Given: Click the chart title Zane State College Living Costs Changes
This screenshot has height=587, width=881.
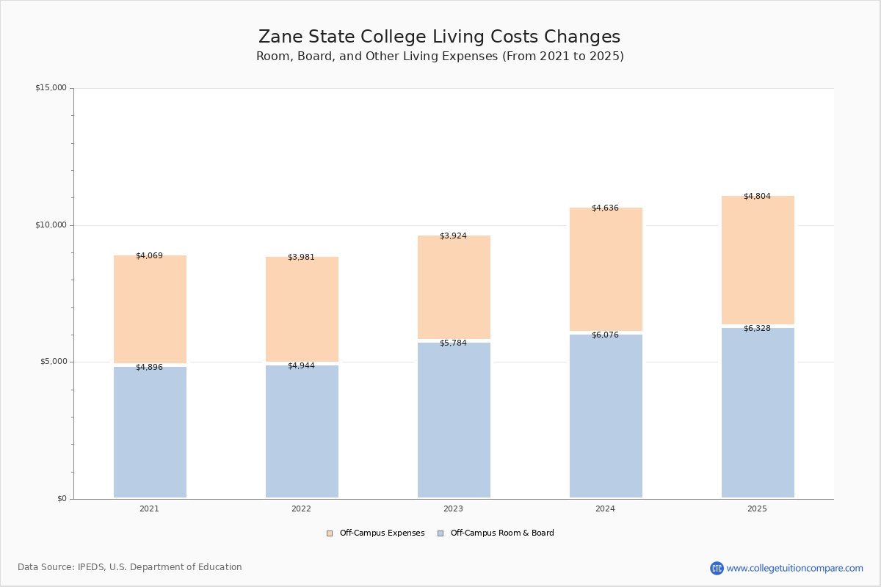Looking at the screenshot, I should [439, 37].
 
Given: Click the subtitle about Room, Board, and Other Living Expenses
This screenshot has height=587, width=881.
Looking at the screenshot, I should [440, 56].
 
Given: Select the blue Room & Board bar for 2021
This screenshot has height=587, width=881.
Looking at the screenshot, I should [150, 432].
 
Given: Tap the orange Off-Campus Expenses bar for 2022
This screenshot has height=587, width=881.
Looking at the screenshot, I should [302, 309].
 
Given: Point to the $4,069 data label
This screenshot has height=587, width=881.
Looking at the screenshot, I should [149, 256].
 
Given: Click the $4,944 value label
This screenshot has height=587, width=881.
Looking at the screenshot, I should [301, 366].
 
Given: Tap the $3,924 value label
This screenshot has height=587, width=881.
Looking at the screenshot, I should [453, 236].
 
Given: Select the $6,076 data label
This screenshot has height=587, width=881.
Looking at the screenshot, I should [605, 335].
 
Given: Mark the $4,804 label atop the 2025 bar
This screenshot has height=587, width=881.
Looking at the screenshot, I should [757, 197].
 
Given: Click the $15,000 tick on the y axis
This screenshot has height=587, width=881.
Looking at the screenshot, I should [51, 88].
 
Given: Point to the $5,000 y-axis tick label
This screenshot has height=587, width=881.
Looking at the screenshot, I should [51, 362].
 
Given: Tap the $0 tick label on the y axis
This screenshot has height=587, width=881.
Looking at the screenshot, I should [62, 499].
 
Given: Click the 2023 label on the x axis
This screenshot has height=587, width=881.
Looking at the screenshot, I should [453, 509].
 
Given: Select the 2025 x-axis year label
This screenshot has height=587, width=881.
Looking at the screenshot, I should [757, 509].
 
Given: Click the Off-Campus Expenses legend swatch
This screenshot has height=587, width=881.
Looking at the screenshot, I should [330, 533].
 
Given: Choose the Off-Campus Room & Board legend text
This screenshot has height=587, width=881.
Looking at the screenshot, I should [502, 533].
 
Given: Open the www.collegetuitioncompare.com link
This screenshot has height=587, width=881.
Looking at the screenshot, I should [794, 568].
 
